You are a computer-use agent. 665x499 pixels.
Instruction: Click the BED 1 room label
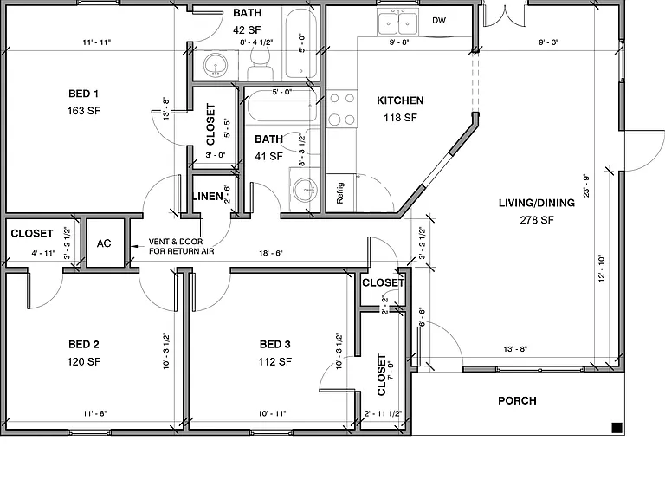[x=83, y=94]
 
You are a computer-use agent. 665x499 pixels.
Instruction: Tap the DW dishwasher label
[x=439, y=21]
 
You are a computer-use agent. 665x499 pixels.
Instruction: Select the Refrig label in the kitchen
[x=340, y=193]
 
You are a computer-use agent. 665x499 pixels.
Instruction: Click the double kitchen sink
[x=397, y=23]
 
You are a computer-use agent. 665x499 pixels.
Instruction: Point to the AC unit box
[x=104, y=243]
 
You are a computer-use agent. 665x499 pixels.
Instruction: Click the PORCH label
[x=517, y=400]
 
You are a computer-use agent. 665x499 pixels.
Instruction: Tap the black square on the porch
[x=617, y=428]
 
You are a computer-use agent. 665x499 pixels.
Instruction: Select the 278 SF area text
[x=537, y=220]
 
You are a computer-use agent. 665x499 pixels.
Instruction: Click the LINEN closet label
[x=208, y=197]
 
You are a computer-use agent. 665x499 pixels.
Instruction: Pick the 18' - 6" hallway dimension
[x=270, y=253]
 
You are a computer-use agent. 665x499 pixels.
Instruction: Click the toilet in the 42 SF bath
[x=259, y=62]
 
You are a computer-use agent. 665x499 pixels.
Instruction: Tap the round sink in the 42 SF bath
[x=216, y=66]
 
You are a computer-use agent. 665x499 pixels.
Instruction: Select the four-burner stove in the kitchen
[x=342, y=109]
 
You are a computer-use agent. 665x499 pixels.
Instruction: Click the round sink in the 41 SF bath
[x=305, y=190]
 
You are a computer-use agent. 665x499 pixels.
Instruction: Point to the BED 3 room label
[x=274, y=344]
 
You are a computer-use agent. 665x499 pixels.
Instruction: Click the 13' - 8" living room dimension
[x=515, y=349]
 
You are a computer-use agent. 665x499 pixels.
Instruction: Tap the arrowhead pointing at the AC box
[x=133, y=246]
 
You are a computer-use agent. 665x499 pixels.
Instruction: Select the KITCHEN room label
[x=400, y=100]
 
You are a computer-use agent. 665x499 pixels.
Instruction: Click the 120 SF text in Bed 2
[x=83, y=361]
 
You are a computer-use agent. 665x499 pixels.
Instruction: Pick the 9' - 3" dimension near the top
[x=548, y=42]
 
